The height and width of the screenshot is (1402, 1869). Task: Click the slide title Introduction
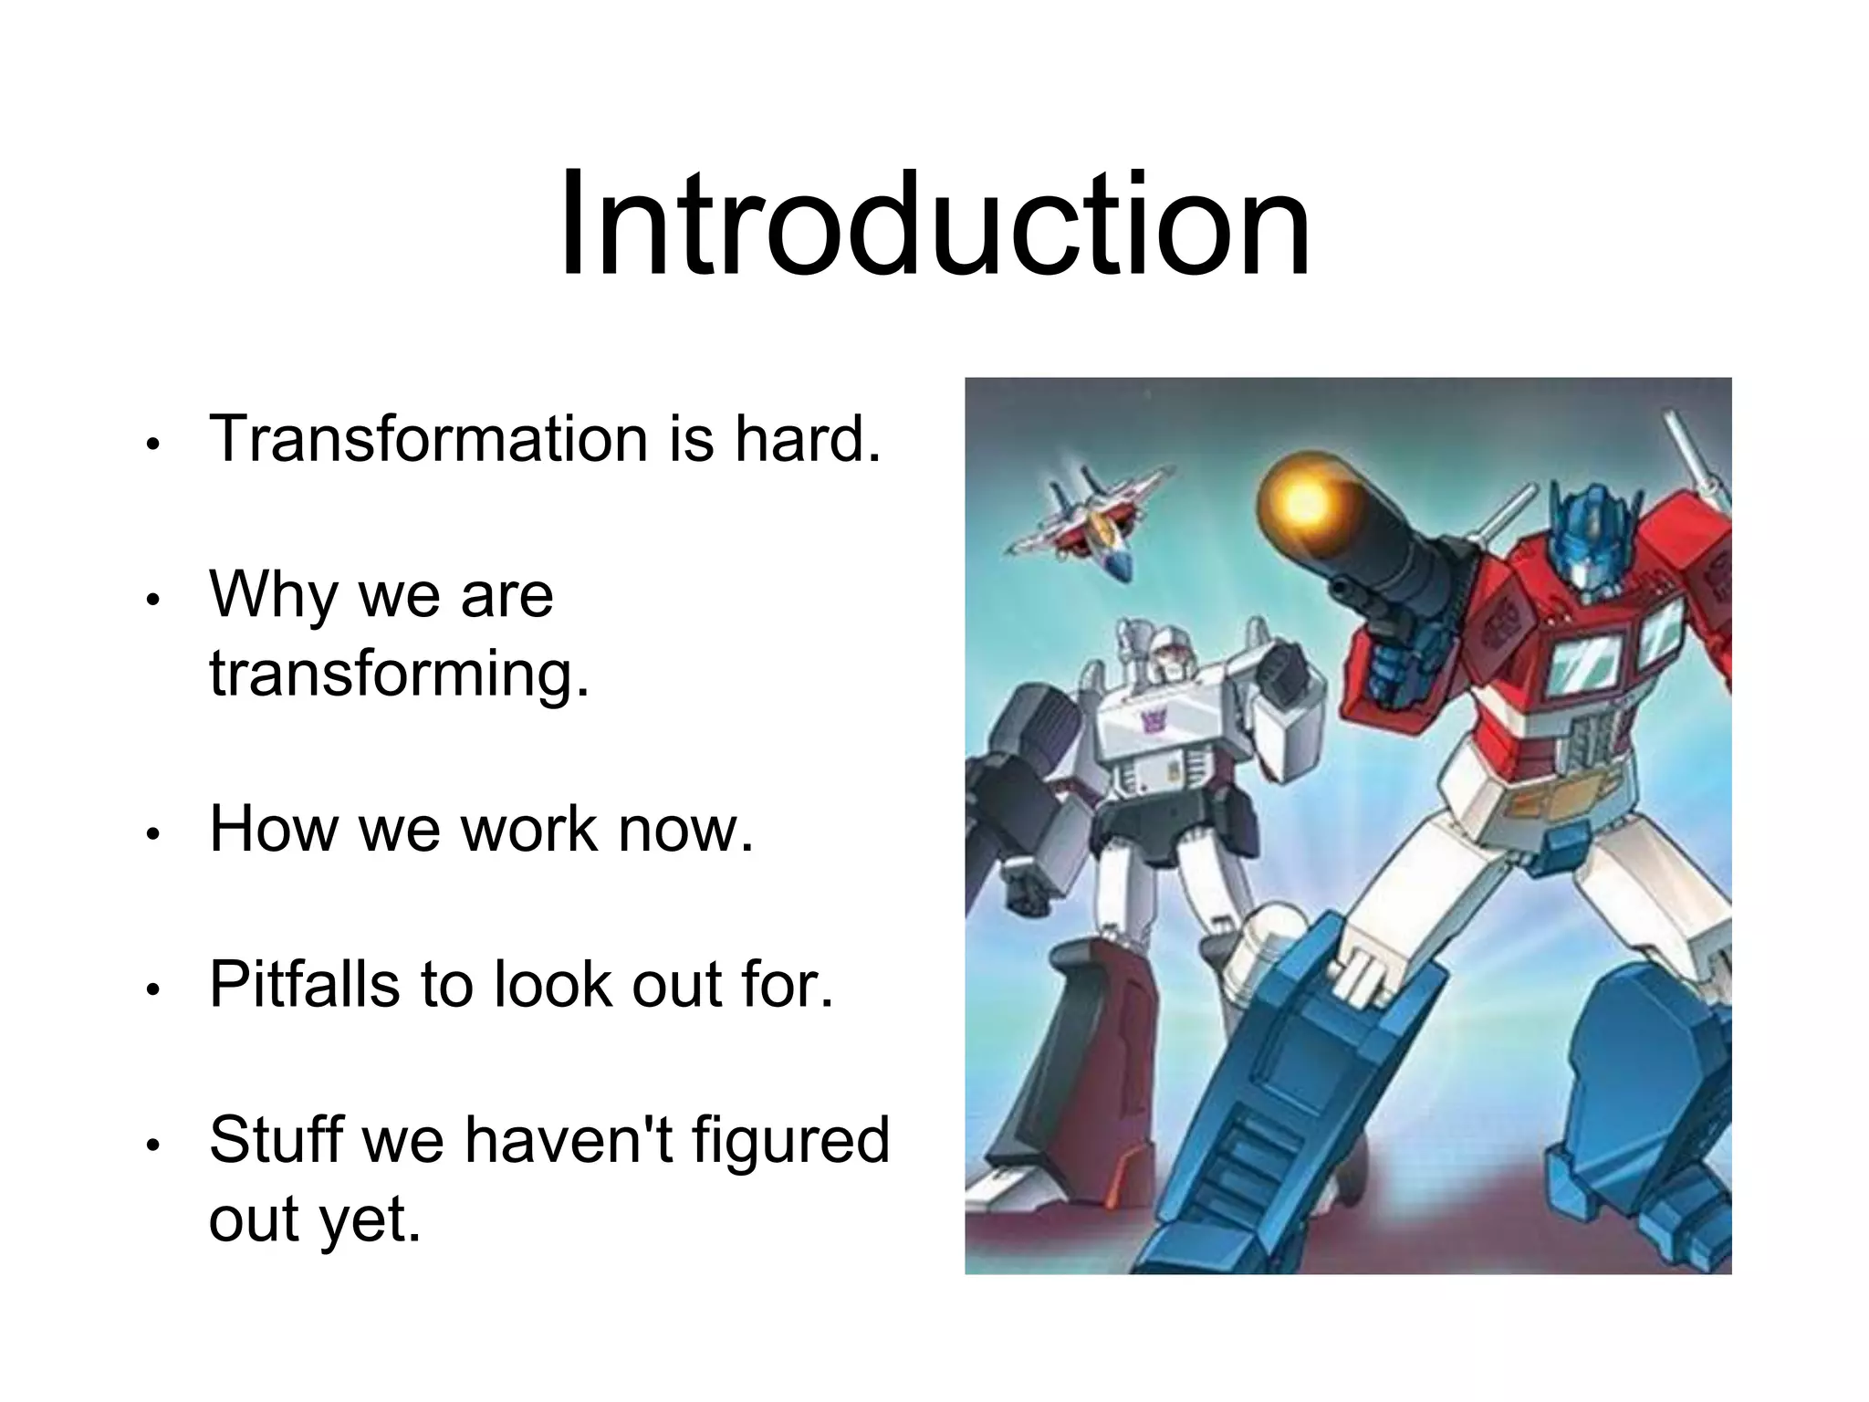pos(934,223)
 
